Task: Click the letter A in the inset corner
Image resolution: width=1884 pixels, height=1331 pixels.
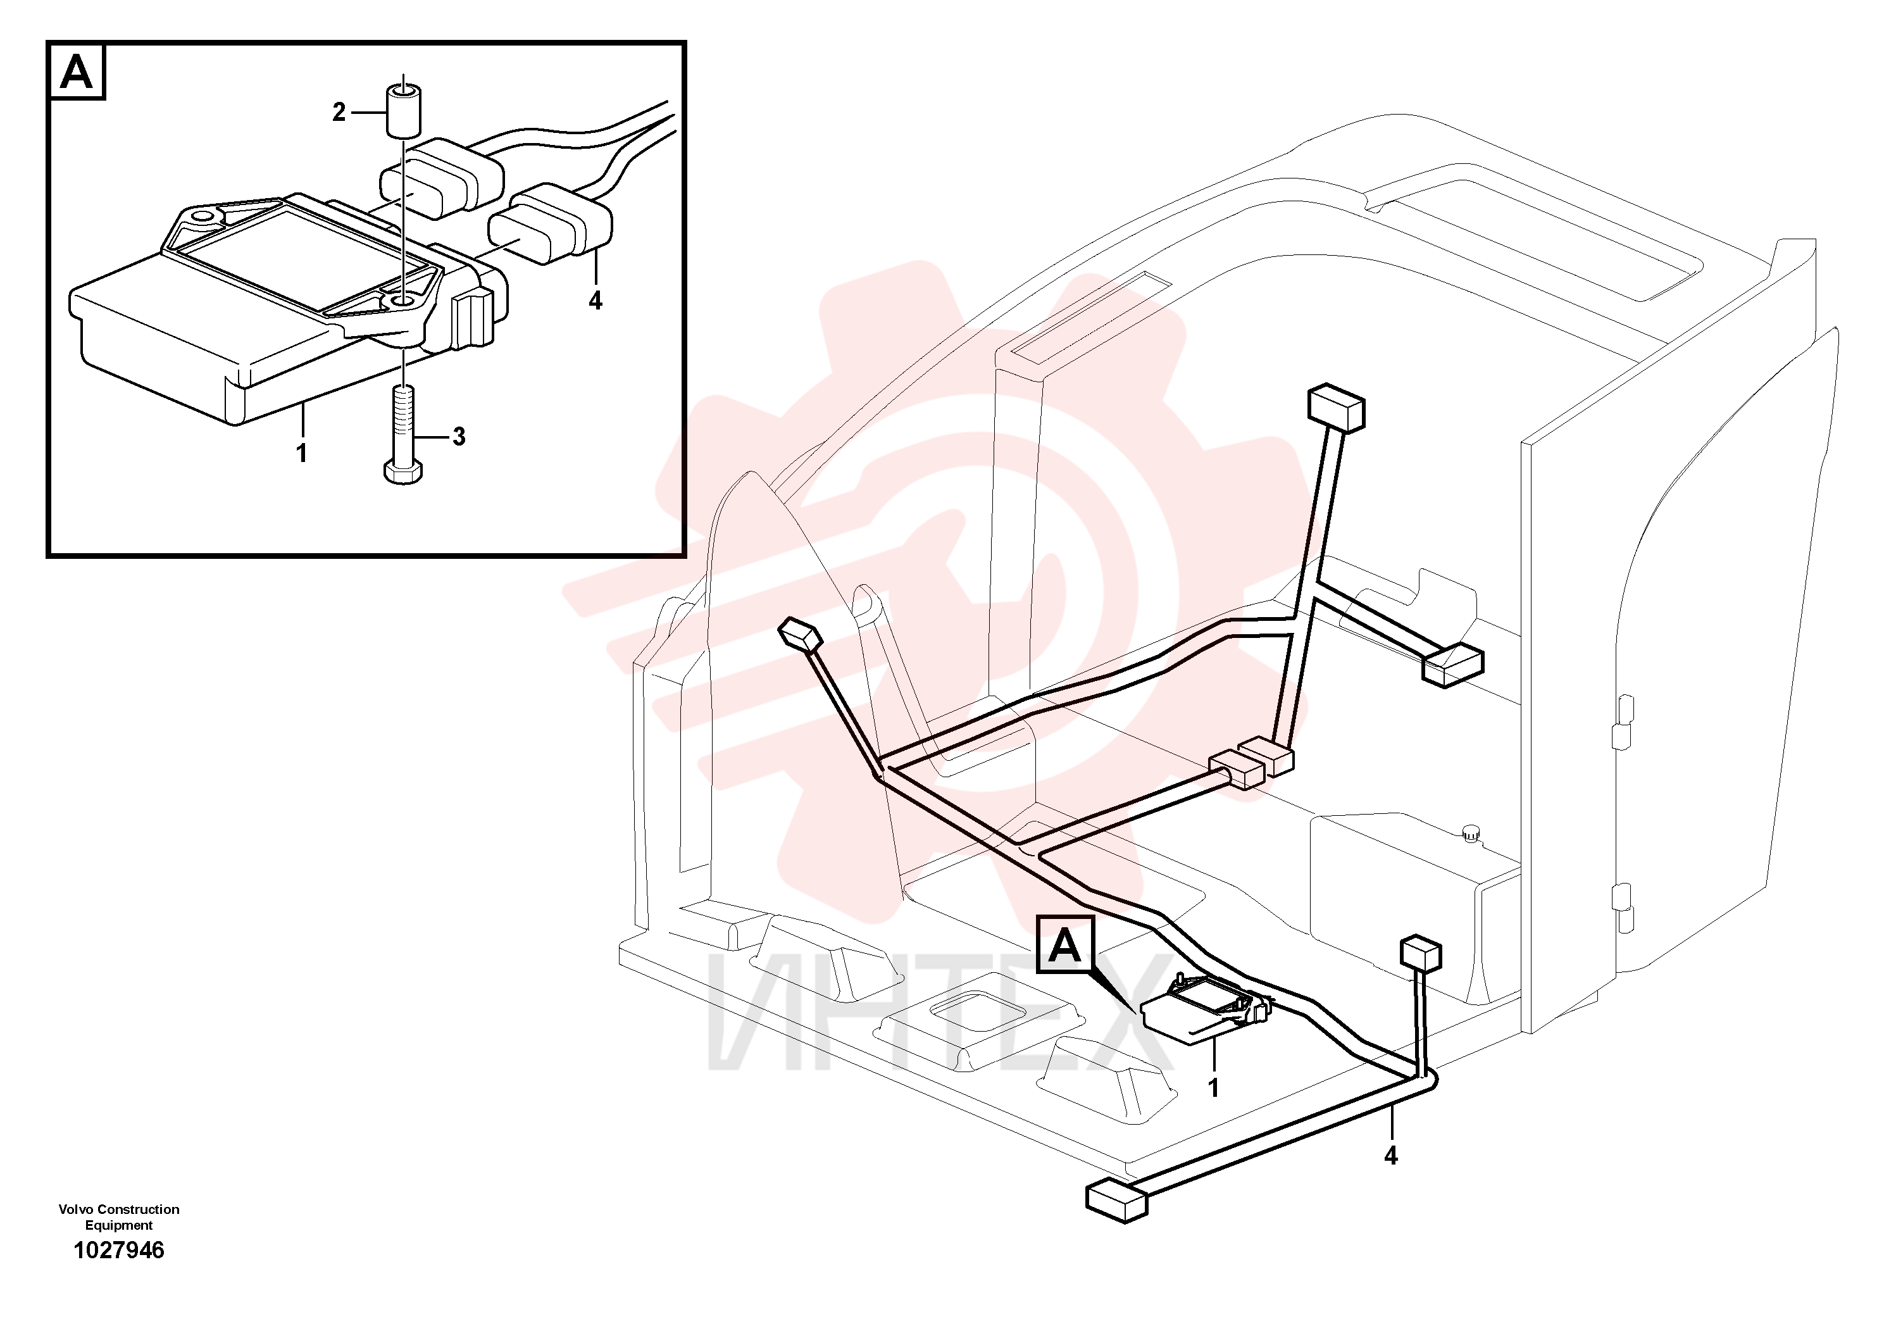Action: [x=77, y=72]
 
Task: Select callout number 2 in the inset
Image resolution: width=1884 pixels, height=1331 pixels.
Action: [x=339, y=113]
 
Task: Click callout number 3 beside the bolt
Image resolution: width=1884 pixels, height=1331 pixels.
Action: [x=459, y=437]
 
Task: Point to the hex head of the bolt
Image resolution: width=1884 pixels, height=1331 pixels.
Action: [x=402, y=472]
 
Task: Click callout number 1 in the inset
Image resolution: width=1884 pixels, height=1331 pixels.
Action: [x=302, y=452]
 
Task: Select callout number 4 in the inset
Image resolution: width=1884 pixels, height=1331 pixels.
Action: [x=596, y=301]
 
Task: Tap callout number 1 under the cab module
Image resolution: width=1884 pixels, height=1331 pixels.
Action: [x=1214, y=1088]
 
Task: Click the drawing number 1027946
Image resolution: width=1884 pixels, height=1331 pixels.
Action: [x=119, y=1251]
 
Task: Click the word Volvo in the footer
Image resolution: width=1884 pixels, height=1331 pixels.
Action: [x=75, y=1209]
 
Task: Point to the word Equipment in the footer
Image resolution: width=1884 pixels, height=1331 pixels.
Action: [x=119, y=1226]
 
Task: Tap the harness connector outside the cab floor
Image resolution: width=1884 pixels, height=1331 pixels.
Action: [x=1116, y=1201]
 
